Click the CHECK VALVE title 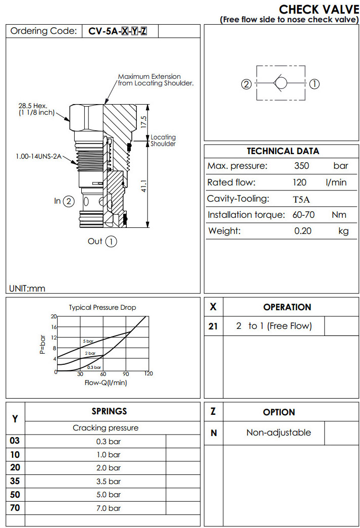click(319, 9)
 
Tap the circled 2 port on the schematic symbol click(246, 84)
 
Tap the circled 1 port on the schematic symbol click(314, 84)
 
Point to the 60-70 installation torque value click(303, 215)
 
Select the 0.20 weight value click(303, 231)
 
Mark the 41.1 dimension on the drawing click(143, 186)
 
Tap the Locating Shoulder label click(163, 140)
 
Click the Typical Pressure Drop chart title click(102, 307)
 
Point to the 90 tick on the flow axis click(126, 374)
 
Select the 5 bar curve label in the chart click(88, 342)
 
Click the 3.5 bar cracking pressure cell click(109, 481)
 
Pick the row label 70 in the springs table click(15, 508)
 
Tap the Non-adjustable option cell click(278, 433)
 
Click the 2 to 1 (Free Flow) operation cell click(274, 326)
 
